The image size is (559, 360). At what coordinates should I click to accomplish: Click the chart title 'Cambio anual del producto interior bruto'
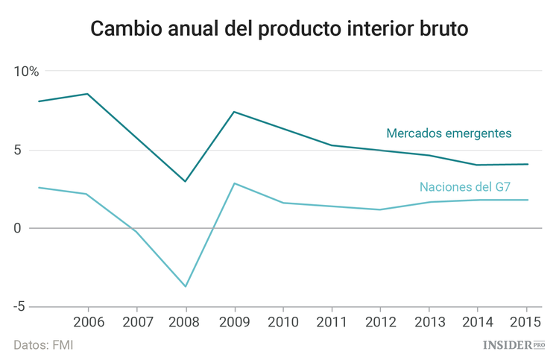click(x=279, y=29)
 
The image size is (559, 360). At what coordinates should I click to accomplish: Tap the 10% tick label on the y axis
click(x=26, y=72)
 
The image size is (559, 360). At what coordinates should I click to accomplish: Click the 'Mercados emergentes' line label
click(x=449, y=133)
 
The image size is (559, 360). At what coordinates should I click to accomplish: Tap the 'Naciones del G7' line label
click(x=464, y=186)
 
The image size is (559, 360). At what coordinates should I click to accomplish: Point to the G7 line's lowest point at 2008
click(x=186, y=286)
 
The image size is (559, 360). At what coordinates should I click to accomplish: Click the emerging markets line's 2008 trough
click(x=186, y=181)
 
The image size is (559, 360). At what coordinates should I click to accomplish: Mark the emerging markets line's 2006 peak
click(x=88, y=94)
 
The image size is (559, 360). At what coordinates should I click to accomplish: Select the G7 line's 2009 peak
click(x=235, y=183)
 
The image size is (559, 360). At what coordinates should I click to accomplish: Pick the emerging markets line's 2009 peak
click(x=234, y=112)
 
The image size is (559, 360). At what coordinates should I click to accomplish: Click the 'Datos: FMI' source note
click(x=43, y=345)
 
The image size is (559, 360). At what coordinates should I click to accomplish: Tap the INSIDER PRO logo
click(x=514, y=344)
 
